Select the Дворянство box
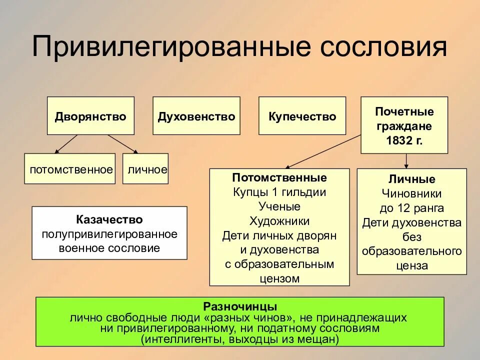coord(90,116)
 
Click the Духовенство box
coord(196,116)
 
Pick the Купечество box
coord(302,116)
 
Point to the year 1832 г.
coord(404,140)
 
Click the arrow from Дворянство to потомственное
coord(66,144)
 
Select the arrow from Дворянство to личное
coord(122,143)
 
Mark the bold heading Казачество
coord(109,220)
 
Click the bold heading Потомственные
coord(279,178)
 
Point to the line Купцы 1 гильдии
coord(279,192)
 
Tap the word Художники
coord(279,221)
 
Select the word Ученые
coord(279,206)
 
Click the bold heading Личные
coord(411,179)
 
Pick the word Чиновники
coord(411,193)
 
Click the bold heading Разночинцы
coord(240,306)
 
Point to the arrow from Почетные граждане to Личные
coord(406,160)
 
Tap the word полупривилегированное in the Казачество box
coord(109,234)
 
